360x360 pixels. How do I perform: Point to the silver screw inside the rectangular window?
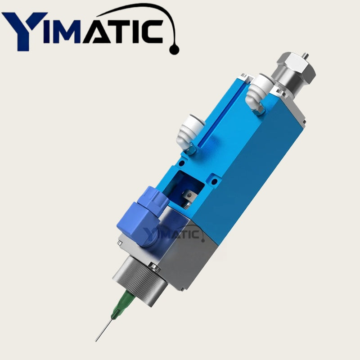189,196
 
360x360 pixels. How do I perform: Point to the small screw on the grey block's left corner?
119,243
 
